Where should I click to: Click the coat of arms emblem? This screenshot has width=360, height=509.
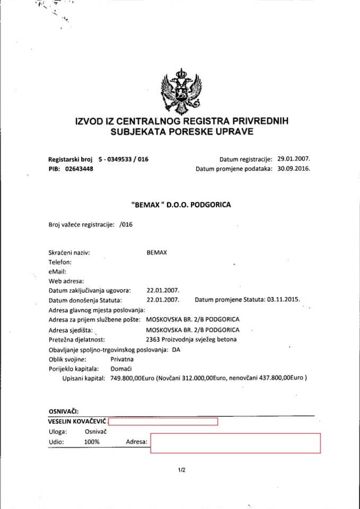point(182,92)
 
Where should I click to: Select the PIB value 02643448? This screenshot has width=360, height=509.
point(79,169)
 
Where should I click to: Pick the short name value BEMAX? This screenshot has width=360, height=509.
point(157,252)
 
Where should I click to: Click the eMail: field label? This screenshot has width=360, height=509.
point(57,271)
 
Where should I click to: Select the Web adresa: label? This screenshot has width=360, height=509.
point(66,281)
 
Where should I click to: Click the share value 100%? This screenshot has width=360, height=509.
point(91,442)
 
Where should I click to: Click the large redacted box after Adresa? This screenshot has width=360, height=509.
point(235,443)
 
